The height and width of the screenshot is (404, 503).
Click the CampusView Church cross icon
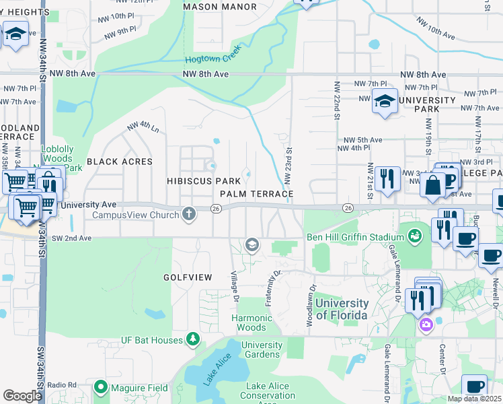tap(189, 215)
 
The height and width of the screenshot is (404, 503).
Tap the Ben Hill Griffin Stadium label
tap(350, 236)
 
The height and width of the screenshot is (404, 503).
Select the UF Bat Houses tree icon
tap(193, 338)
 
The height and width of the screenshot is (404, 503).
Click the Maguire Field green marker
tap(101, 386)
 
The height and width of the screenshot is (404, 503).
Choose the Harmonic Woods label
tap(252, 323)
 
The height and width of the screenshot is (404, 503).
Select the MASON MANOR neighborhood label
tap(220, 7)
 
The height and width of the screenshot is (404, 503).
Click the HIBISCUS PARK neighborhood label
tap(204, 181)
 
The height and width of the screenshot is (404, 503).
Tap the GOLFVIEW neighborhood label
tap(187, 277)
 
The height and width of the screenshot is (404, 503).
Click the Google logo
tap(22, 396)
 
